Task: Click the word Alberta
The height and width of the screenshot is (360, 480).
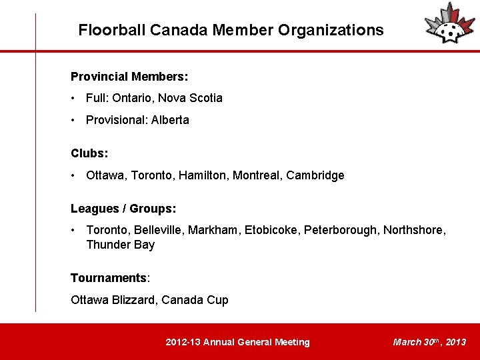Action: click(170, 120)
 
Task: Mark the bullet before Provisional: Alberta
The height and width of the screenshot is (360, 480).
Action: click(74, 120)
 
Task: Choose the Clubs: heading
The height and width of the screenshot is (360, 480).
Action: click(89, 153)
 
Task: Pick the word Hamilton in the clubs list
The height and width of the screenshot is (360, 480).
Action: click(209, 175)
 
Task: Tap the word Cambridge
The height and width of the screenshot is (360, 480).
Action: click(315, 175)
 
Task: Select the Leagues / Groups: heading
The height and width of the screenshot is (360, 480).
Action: click(123, 209)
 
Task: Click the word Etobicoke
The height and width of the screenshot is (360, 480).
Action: click(272, 230)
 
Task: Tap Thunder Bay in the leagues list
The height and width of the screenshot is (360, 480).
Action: click(121, 245)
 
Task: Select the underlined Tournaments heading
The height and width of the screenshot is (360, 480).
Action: click(108, 277)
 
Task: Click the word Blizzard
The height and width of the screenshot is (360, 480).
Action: click(133, 300)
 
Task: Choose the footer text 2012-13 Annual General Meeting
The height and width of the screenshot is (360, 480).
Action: click(237, 342)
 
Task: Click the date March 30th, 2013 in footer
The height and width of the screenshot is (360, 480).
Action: click(429, 342)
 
